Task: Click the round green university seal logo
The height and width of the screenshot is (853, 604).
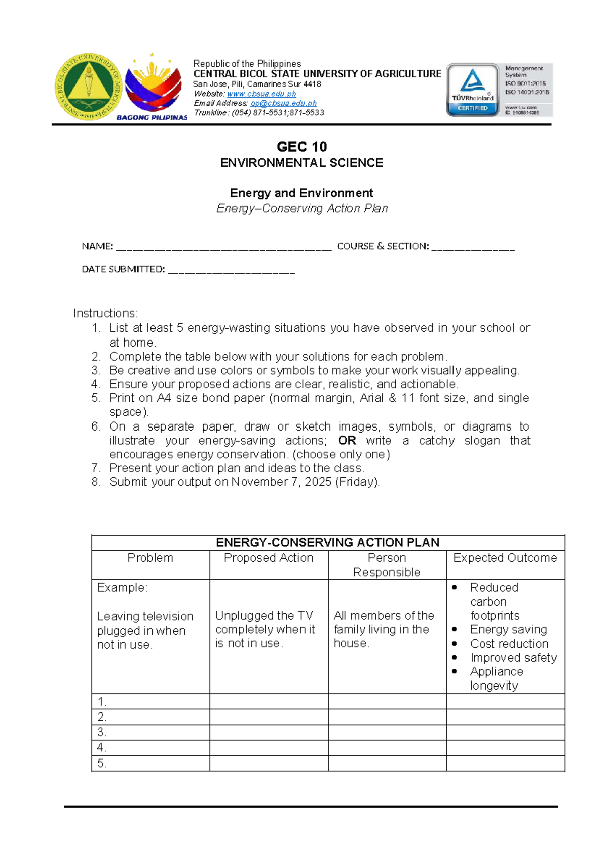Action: [x=89, y=87]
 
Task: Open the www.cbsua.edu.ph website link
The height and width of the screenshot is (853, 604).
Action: [x=261, y=94]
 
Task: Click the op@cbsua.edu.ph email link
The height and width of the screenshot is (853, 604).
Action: [x=283, y=103]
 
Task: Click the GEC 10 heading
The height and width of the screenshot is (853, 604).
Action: [x=301, y=147]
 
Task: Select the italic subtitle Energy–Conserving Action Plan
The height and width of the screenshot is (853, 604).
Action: [x=302, y=208]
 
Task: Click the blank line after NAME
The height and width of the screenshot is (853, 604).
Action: [x=223, y=247]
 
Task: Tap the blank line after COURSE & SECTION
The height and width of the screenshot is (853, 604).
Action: [x=473, y=247]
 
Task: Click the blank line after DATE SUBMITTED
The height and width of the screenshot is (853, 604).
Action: [x=231, y=270]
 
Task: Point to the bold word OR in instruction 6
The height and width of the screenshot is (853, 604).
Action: [x=347, y=441]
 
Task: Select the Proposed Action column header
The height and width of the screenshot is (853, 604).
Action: [x=268, y=558]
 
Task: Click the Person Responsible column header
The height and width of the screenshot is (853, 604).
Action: [x=387, y=565]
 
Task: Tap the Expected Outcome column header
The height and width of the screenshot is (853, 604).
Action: [x=505, y=558]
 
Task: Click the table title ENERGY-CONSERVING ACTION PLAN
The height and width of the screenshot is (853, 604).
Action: [x=328, y=542]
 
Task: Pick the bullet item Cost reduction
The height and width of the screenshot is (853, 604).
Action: [x=509, y=644]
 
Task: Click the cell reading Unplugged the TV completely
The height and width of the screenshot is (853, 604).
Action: [x=265, y=629]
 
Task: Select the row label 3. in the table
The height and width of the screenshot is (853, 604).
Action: [x=102, y=732]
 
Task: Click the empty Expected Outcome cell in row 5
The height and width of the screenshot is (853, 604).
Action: [x=505, y=763]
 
